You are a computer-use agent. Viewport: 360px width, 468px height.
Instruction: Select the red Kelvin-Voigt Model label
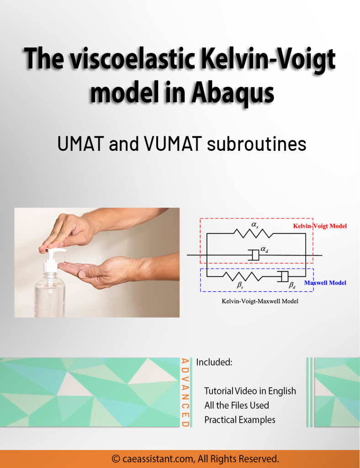tap(319, 226)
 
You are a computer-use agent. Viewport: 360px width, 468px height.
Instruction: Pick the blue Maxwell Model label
tap(325, 283)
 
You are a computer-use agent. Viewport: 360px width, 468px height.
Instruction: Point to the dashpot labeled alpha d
tap(254, 255)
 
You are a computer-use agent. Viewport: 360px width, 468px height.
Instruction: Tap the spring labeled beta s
tap(242, 276)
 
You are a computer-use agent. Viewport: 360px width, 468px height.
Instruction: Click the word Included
tap(214, 362)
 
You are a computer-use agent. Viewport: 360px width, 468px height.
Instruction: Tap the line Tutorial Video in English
tap(250, 391)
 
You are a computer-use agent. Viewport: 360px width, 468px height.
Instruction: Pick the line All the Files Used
tap(237, 405)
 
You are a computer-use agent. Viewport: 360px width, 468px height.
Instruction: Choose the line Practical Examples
tap(240, 420)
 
